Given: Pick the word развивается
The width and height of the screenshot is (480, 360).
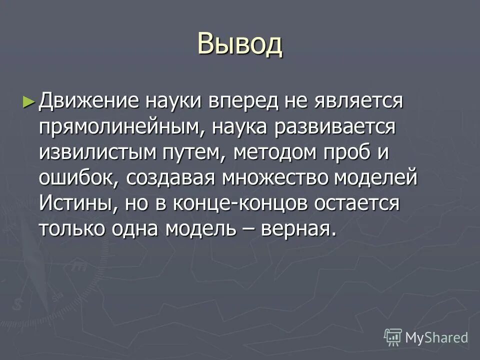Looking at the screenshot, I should coord(335,127).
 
